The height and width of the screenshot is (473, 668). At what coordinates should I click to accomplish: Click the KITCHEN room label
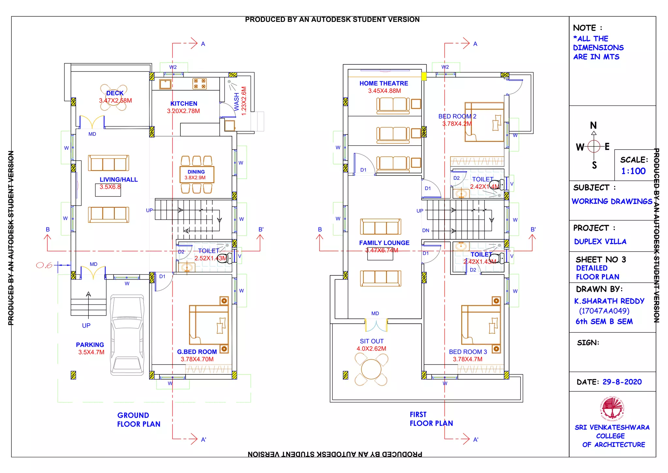click(184, 104)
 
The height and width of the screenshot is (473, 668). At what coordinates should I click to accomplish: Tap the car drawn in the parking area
click(127, 335)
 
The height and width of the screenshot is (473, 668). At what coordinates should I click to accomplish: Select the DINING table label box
click(197, 174)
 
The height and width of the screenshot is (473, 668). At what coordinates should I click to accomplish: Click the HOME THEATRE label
click(384, 83)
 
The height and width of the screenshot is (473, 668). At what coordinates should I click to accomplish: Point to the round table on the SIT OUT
click(371, 369)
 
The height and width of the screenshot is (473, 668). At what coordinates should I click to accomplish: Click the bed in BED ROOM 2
click(484, 122)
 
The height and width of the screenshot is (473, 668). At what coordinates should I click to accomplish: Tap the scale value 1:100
click(633, 171)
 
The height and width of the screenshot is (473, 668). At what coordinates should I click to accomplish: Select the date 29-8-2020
click(622, 382)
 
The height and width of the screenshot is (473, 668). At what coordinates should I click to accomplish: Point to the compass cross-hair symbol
click(594, 146)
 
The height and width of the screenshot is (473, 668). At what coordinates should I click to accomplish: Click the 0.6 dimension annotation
click(44, 265)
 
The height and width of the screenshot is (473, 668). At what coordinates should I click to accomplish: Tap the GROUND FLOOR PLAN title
click(139, 420)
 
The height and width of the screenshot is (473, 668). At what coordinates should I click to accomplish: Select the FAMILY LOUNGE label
click(384, 243)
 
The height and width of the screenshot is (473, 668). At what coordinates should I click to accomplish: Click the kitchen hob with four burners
click(199, 84)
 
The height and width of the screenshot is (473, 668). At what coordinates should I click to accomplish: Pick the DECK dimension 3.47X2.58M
click(115, 101)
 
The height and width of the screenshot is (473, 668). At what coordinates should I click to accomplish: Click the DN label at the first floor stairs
click(426, 230)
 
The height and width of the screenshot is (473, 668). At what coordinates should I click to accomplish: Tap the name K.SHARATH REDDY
click(609, 301)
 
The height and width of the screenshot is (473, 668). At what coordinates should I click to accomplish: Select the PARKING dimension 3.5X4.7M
click(91, 352)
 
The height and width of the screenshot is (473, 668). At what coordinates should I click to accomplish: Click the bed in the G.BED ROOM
click(209, 325)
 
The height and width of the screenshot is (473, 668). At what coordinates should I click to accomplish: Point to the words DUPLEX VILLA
click(600, 241)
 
